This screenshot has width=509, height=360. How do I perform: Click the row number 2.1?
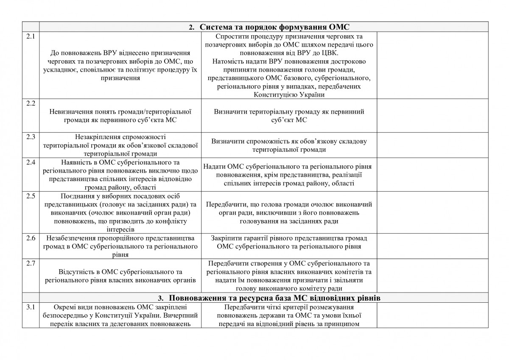(30, 36)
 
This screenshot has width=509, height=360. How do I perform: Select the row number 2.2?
(30, 103)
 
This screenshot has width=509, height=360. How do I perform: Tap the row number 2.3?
(30, 137)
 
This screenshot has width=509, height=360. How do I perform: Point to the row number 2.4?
(30, 162)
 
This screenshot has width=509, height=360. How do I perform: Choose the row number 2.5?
(30, 196)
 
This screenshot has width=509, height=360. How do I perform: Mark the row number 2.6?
(30, 237)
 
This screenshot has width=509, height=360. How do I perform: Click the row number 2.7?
(30, 264)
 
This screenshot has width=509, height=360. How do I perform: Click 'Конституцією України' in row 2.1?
(289, 95)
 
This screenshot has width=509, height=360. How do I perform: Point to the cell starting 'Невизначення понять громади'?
(121, 116)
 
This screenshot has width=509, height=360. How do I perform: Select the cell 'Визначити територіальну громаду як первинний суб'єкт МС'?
(290, 116)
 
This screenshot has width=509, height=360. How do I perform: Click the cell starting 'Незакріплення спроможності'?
(121, 145)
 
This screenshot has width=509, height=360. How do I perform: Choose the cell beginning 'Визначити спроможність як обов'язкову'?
(290, 145)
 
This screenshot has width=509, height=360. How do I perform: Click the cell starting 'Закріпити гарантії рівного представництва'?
(290, 242)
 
